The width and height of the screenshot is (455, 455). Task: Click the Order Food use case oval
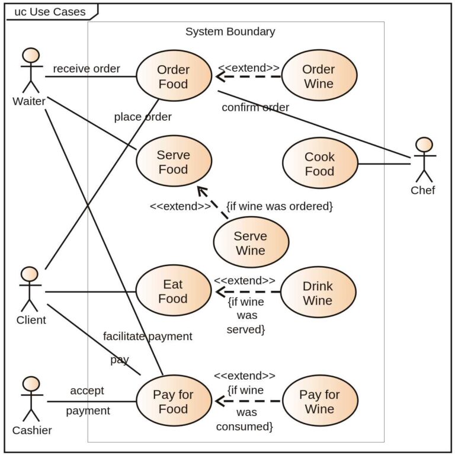[173, 76]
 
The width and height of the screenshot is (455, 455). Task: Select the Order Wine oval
[319, 76]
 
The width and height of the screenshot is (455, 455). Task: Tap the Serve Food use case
[173, 162]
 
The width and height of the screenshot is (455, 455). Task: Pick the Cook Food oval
[320, 164]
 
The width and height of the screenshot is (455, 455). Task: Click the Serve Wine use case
[250, 243]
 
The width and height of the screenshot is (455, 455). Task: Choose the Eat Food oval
[173, 291]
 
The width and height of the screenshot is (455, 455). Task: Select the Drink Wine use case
[318, 293]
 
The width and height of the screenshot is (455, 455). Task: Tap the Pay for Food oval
[173, 402]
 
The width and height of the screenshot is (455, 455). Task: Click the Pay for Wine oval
[319, 401]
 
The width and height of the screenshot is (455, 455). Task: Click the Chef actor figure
[424, 160]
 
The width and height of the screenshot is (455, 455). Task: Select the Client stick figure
[29, 289]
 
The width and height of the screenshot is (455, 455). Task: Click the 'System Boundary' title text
[230, 32]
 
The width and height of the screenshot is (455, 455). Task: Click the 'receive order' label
[86, 69]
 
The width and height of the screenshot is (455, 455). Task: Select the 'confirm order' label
[255, 107]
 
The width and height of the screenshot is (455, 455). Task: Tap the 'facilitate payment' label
[148, 337]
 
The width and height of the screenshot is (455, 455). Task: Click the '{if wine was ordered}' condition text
[280, 206]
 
